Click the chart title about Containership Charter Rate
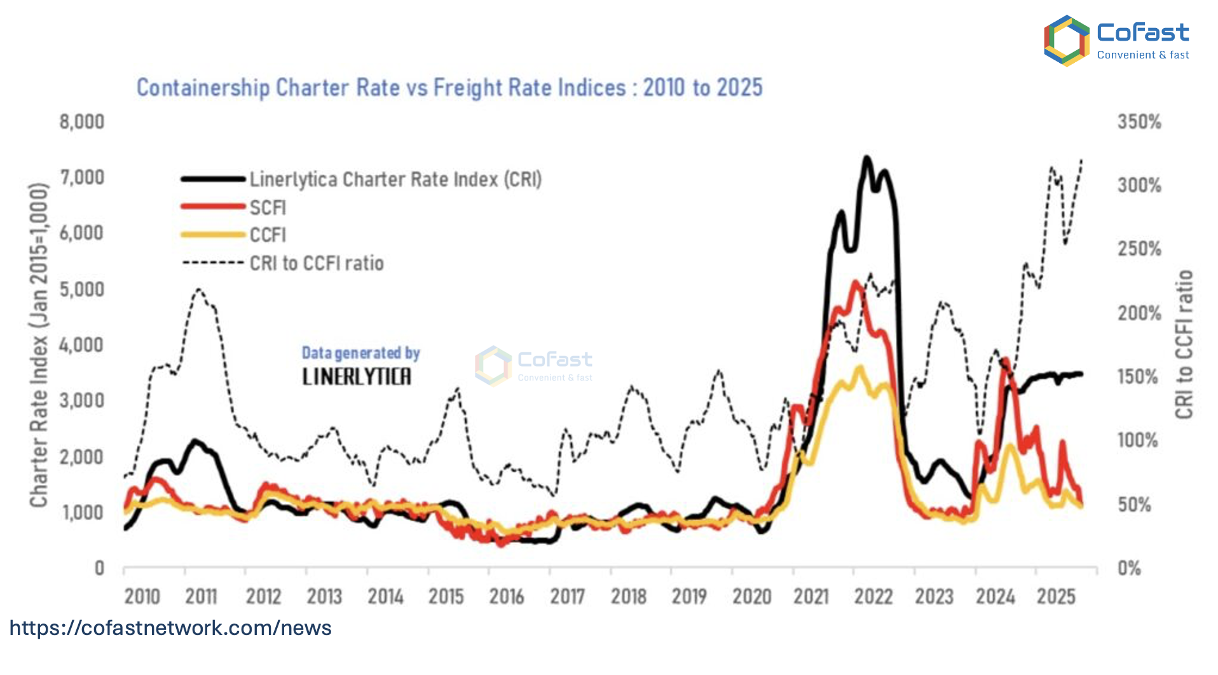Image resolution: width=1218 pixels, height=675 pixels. tap(449, 88)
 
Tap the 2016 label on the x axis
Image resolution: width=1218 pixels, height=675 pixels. tap(507, 597)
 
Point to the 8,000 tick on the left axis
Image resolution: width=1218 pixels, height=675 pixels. tap(82, 121)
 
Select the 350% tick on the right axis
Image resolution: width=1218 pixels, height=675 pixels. tap(1139, 121)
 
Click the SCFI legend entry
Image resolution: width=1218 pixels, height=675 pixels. tap(268, 207)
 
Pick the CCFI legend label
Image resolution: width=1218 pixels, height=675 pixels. tap(268, 235)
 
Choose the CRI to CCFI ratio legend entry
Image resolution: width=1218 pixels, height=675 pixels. tap(317, 263)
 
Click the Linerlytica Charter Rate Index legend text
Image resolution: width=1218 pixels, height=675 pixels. tap(395, 179)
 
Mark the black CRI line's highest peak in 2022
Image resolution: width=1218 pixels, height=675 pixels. tap(866, 158)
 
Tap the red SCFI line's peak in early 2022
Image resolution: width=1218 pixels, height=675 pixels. tap(856, 282)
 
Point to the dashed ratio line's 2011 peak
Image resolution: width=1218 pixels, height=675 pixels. tap(199, 290)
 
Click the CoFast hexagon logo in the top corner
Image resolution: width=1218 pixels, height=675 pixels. tap(1067, 41)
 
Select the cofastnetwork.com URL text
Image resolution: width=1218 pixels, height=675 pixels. tap(170, 628)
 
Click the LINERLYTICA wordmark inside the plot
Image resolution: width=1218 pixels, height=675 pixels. tap(357, 376)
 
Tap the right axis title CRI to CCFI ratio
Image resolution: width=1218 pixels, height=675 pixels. tap(1184, 344)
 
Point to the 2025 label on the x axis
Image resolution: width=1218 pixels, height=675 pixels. tap(1056, 597)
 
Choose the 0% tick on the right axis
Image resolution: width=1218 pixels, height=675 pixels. tap(1130, 568)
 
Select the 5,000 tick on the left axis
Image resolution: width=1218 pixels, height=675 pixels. tap(82, 289)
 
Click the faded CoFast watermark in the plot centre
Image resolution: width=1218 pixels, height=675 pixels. tap(534, 365)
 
